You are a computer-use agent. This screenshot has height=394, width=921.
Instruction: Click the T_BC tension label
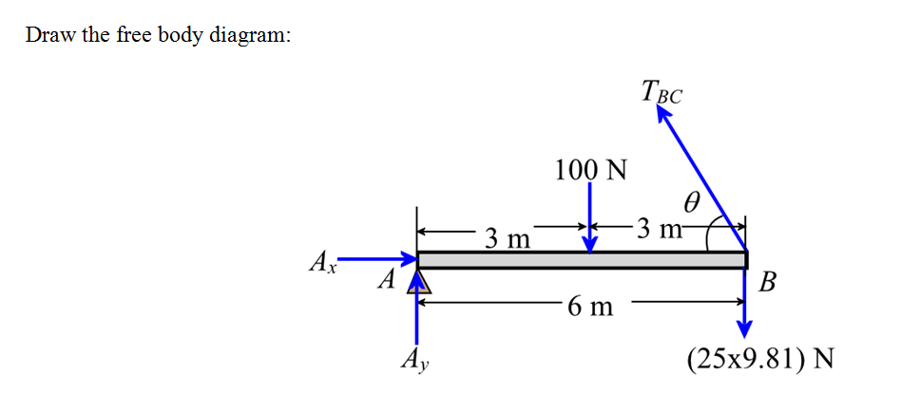pos(662,94)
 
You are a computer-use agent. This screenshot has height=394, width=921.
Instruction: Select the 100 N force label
pos(591,170)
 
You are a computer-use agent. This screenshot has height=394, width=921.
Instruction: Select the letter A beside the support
pos(385,281)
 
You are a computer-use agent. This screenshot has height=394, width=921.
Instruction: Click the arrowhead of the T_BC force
pos(662,114)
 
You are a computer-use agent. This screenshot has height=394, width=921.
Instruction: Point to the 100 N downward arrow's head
pos(590,246)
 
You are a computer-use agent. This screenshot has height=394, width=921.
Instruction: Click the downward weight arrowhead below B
pos(745,330)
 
